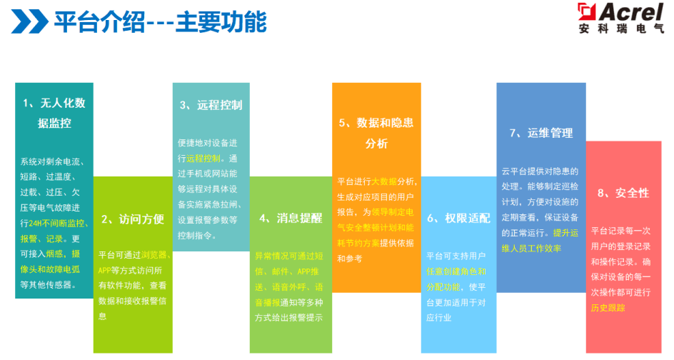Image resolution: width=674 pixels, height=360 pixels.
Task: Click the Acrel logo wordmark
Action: click(620, 12)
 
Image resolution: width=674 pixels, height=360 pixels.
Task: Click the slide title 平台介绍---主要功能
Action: click(161, 22)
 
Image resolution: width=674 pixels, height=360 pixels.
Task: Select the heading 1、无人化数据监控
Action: click(54, 113)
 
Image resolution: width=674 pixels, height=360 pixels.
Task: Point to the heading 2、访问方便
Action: click(133, 219)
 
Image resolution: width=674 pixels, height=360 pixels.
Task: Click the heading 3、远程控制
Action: click(211, 105)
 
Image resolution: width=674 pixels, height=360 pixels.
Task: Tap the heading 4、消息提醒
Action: click(291, 218)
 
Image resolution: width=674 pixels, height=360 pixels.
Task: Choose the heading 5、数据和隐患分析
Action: click(376, 133)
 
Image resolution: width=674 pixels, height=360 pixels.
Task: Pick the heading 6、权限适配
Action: click(458, 218)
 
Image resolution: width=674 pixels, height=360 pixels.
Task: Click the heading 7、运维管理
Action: click(541, 133)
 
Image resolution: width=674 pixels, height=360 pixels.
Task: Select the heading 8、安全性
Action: click(623, 193)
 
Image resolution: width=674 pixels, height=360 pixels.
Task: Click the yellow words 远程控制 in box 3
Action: click(203, 159)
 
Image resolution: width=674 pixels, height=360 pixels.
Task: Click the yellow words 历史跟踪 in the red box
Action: click(608, 308)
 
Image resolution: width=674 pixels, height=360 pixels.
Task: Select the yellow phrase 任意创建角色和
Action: click(456, 271)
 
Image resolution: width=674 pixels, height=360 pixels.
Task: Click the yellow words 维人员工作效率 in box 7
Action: click(531, 248)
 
